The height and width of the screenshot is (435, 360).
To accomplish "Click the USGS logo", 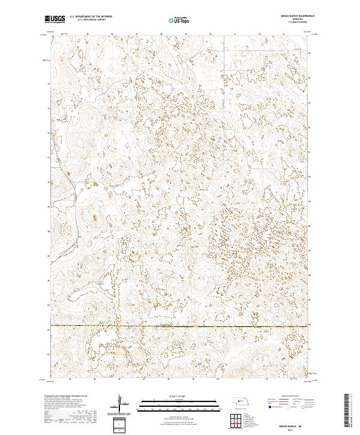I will (x=55, y=20).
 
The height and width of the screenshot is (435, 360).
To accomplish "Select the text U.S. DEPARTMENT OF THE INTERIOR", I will (x=91, y=17).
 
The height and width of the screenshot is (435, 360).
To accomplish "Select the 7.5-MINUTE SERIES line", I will (x=298, y=23).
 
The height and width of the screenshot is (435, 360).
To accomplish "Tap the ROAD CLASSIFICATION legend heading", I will (x=279, y=397).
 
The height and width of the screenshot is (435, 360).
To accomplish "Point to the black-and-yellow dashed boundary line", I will (x=180, y=326).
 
